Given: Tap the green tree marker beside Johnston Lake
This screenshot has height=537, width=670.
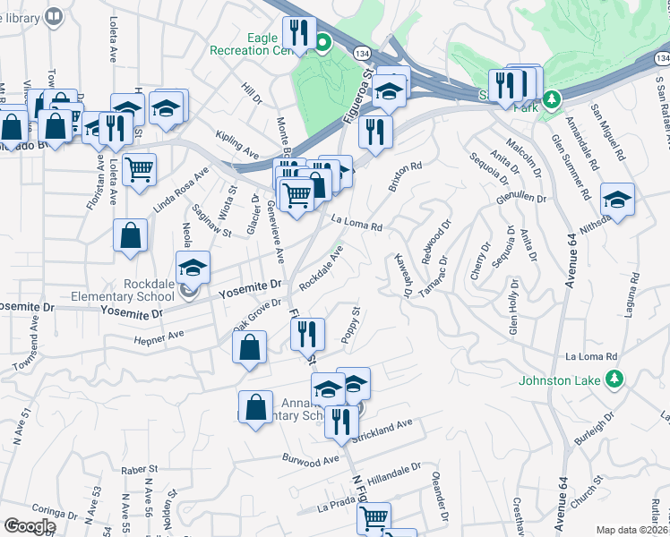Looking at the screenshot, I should (x=615, y=380).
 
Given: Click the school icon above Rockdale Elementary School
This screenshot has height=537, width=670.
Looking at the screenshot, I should (x=193, y=267).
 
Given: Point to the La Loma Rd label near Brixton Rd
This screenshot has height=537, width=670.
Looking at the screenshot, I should (x=356, y=224).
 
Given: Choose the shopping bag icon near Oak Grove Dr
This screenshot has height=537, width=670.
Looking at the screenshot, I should (x=250, y=345).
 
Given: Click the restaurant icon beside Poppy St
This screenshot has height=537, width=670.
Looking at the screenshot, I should (x=307, y=334).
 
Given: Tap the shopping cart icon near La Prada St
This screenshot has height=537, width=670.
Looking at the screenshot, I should (x=374, y=517).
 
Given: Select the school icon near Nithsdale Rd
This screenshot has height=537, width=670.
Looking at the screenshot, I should (x=617, y=199).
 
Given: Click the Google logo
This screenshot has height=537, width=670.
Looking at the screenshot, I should (x=30, y=526).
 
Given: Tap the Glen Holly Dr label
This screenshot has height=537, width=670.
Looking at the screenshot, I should (x=514, y=306).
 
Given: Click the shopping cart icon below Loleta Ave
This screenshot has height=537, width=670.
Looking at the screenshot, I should (x=139, y=167).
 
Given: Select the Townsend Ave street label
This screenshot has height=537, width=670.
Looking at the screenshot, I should (x=25, y=353).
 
